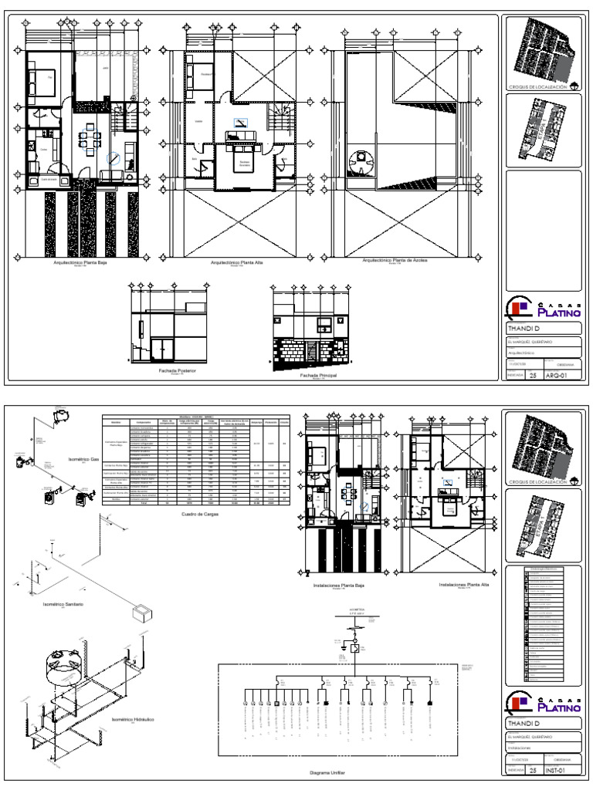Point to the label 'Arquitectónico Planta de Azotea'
[395, 261]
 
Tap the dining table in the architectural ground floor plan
[87, 141]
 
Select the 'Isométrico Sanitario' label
[63, 603]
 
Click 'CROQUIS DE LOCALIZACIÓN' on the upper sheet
[537, 88]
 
